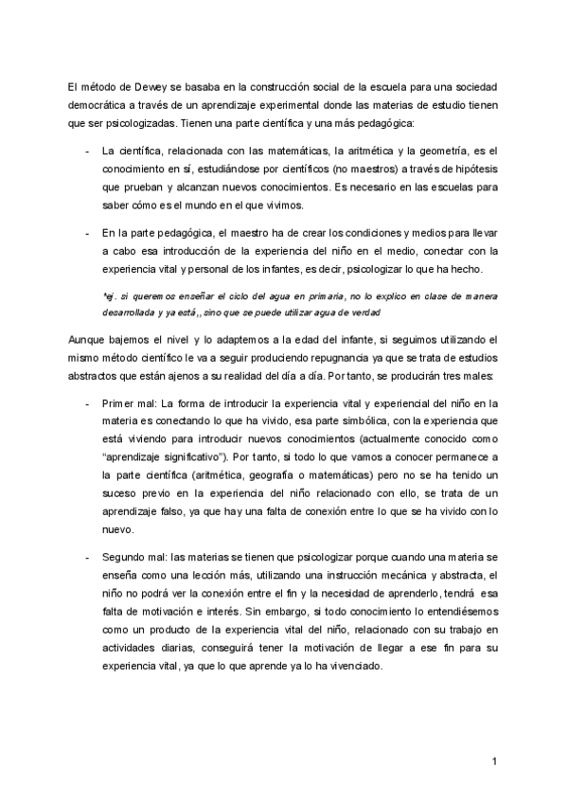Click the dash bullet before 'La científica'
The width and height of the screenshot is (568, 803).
[x=86, y=151]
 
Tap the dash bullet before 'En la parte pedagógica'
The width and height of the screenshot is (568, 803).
[x=86, y=232]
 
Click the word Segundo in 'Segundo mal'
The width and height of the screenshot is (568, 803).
[x=124, y=556]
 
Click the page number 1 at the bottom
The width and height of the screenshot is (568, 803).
[x=495, y=760]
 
